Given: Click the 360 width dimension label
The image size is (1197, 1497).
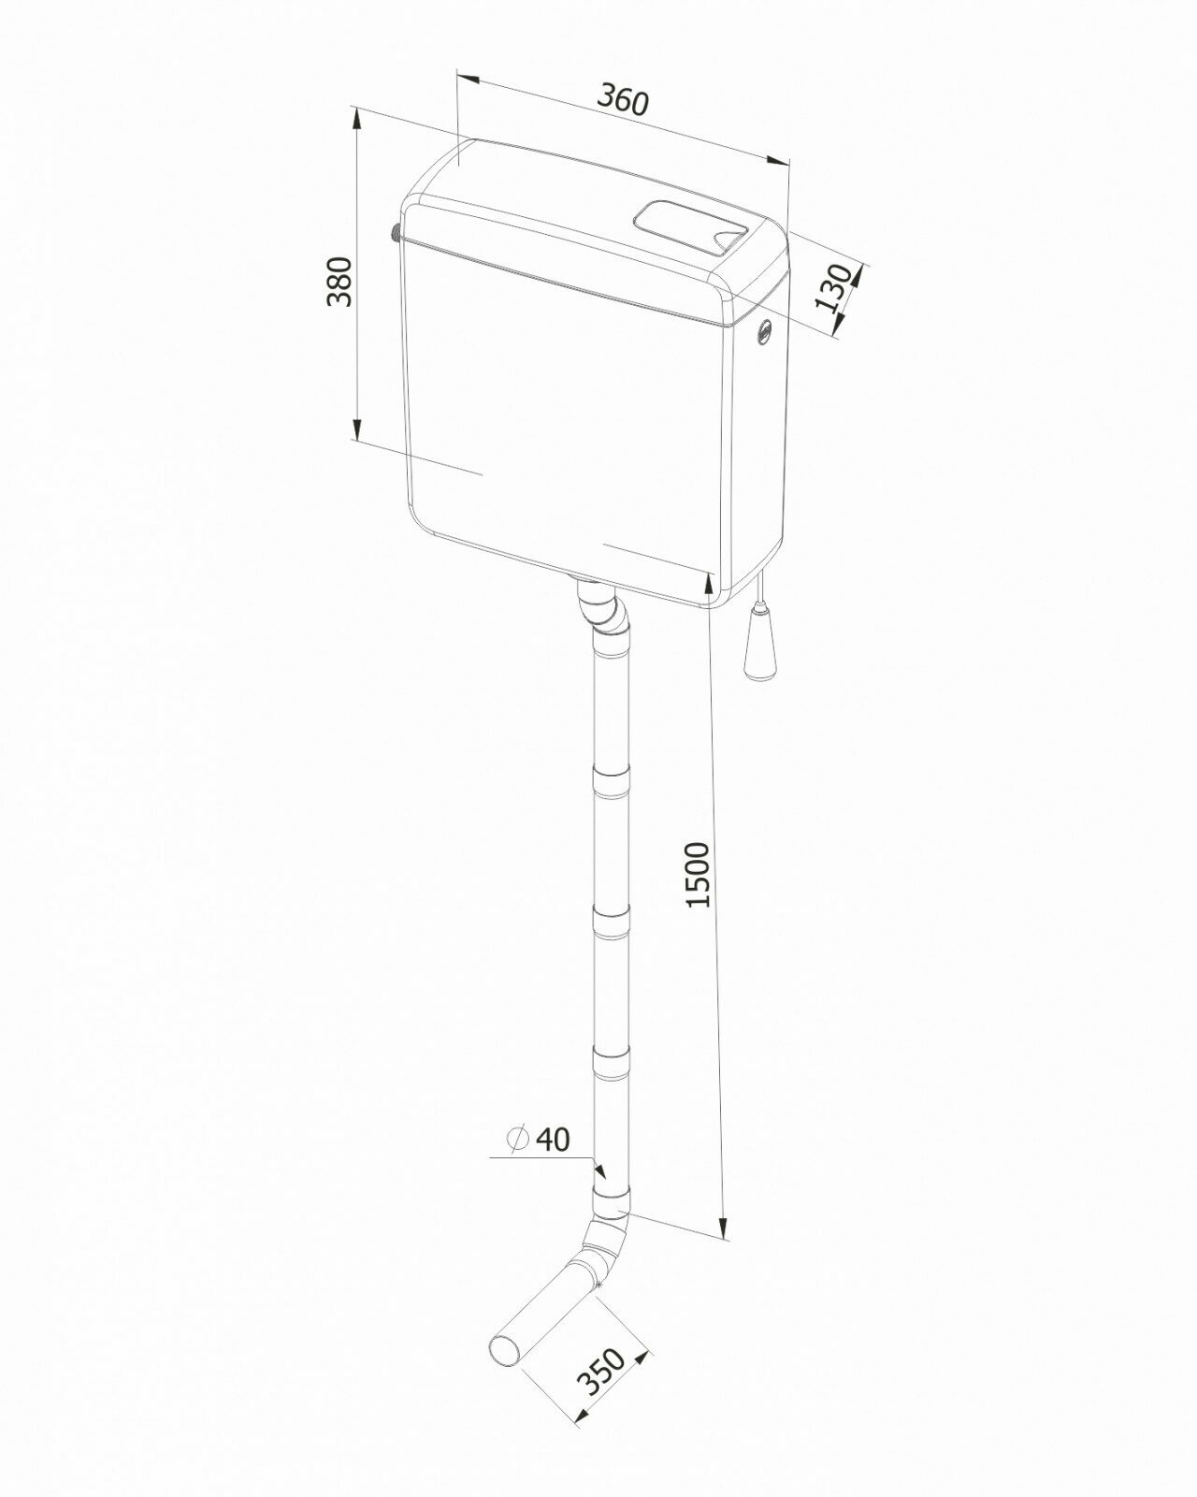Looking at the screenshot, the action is point(623,100).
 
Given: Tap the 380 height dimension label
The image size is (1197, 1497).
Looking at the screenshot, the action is point(339,280).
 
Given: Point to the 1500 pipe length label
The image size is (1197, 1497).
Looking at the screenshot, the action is point(698,875).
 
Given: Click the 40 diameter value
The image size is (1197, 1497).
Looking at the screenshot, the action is point(553,1139).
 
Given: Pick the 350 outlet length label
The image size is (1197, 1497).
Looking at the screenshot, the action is point(601,1373).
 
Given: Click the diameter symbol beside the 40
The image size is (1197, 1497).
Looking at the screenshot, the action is point(516,1139).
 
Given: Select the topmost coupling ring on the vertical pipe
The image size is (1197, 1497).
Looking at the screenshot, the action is point(613,782).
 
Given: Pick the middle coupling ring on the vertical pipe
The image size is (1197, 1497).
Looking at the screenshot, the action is point(613,924).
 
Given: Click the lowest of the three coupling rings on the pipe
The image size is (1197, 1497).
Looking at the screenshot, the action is point(613,1064).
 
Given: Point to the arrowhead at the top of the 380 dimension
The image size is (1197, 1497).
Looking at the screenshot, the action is point(356,118).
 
